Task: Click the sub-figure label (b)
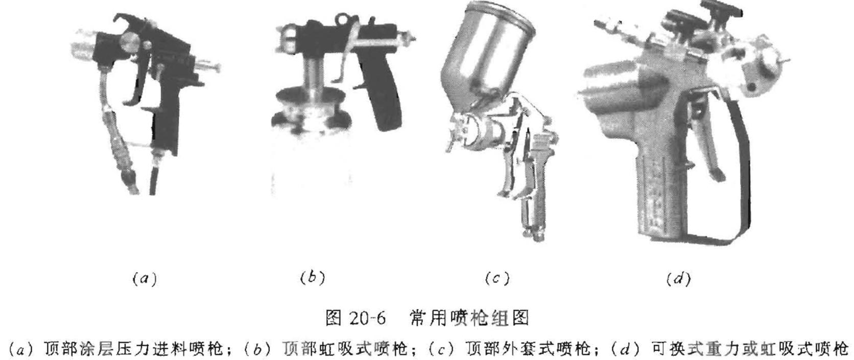point(312,278)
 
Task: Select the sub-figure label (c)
point(497,279)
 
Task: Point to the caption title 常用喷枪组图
point(468,317)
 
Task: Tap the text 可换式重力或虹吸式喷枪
point(748,349)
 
